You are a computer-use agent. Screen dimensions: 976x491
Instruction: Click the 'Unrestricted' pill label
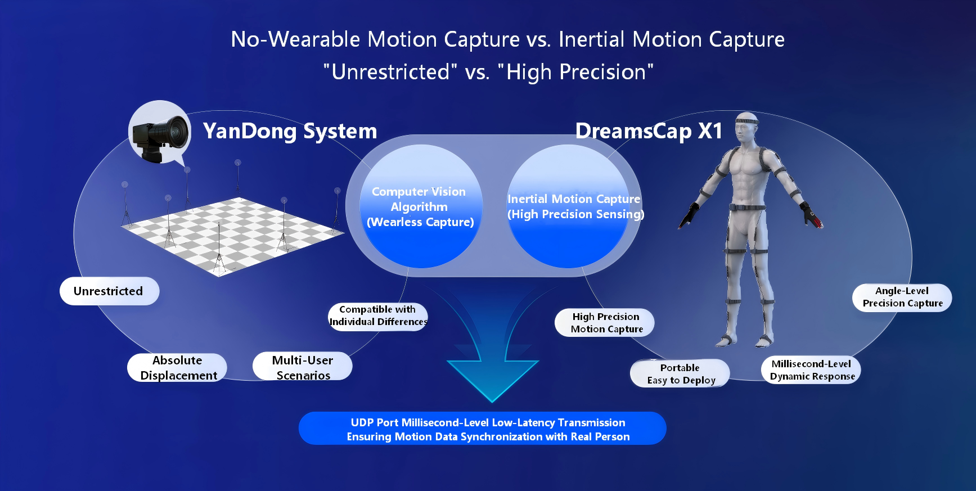[109, 291]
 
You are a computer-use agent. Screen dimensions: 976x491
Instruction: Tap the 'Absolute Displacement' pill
[177, 368]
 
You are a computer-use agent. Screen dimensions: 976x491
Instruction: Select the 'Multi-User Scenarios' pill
[303, 367]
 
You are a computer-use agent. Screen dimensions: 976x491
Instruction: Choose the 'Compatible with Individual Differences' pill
[378, 316]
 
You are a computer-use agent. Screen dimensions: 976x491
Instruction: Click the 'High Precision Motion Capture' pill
[605, 323]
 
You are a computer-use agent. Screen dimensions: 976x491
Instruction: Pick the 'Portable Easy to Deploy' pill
[680, 373]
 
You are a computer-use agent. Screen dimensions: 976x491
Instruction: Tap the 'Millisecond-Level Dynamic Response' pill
[811, 370]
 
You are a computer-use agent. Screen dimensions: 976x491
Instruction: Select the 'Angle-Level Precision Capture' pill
[902, 298]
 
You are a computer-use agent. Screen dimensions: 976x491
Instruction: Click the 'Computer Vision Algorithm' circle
[421, 206]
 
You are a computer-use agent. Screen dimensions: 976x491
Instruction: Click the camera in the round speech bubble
[160, 137]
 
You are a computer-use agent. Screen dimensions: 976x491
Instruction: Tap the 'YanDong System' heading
[290, 131]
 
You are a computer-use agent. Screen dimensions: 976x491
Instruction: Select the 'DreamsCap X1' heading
[649, 131]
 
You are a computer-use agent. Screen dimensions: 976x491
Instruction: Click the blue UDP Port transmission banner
[483, 429]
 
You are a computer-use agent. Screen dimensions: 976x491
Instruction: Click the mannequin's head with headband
[747, 128]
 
